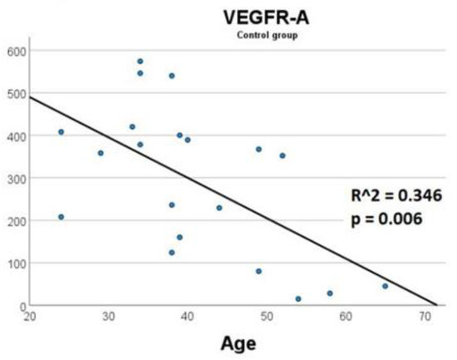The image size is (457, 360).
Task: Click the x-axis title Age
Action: pyautogui.click(x=236, y=343)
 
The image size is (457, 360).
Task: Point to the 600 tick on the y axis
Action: pyautogui.click(x=14, y=51)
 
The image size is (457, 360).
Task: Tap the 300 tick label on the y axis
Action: pyautogui.click(x=14, y=179)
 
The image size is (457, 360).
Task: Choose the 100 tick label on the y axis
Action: pyautogui.click(x=14, y=264)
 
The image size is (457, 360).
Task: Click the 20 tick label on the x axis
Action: pyautogui.click(x=29, y=317)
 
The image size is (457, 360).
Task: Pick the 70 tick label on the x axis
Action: pyautogui.click(x=424, y=317)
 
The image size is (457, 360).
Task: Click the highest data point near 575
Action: pyautogui.click(x=140, y=61)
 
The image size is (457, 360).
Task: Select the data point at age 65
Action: pyautogui.click(x=385, y=286)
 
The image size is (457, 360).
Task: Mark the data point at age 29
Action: pyautogui.click(x=101, y=153)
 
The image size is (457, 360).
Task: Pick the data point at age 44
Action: pyautogui.click(x=219, y=208)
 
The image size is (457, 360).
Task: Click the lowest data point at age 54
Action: pyautogui.click(x=298, y=298)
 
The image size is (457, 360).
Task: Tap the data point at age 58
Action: pyautogui.click(x=330, y=293)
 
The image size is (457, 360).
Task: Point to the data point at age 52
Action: pyautogui.click(x=283, y=155)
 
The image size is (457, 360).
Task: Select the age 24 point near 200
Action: pyautogui.click(x=61, y=217)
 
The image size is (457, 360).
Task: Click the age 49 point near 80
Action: pyautogui.click(x=258, y=271)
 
